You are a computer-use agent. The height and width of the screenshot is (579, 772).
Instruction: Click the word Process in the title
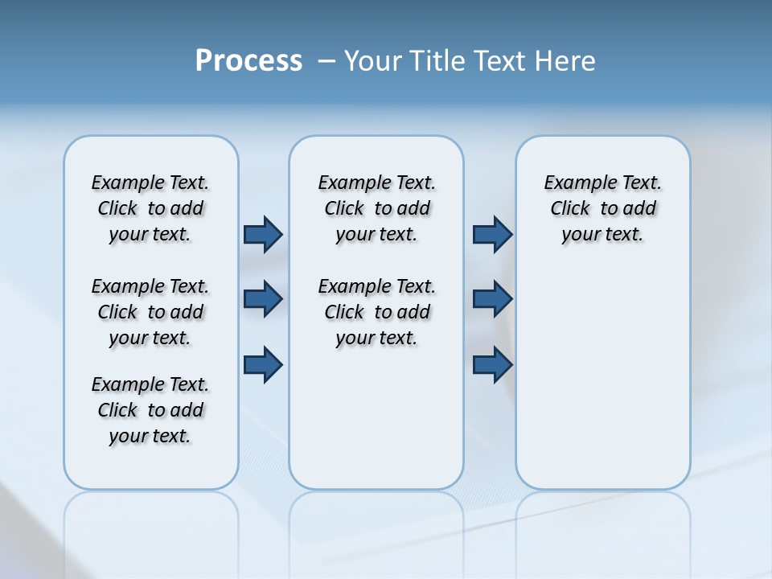tap(248, 61)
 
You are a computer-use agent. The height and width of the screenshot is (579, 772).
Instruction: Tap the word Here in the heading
tap(565, 61)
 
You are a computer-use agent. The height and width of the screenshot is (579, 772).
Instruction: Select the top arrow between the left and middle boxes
tap(263, 234)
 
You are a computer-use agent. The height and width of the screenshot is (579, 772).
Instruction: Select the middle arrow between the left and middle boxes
tap(263, 299)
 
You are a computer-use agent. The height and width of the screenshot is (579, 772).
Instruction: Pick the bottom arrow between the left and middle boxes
tap(263, 365)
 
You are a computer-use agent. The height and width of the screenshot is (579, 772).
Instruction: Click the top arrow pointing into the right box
tap(492, 234)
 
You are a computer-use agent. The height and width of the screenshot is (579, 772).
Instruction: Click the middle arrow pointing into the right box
tap(492, 299)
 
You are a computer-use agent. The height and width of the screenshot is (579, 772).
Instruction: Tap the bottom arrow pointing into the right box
tap(492, 365)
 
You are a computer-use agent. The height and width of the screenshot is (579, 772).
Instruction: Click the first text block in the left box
tap(150, 208)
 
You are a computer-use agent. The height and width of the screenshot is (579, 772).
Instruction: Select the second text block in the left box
tap(150, 312)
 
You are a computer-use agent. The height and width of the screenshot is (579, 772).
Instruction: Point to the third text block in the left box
tap(150, 410)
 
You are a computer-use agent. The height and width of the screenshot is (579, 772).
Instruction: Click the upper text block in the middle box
tap(376, 208)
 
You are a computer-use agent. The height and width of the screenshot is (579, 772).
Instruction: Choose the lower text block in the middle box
tap(376, 312)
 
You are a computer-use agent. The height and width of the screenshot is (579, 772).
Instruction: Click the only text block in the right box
tap(603, 208)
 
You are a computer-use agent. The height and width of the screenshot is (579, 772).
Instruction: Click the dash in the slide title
tap(326, 61)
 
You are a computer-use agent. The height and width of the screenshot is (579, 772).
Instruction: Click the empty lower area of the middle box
tap(376, 418)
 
